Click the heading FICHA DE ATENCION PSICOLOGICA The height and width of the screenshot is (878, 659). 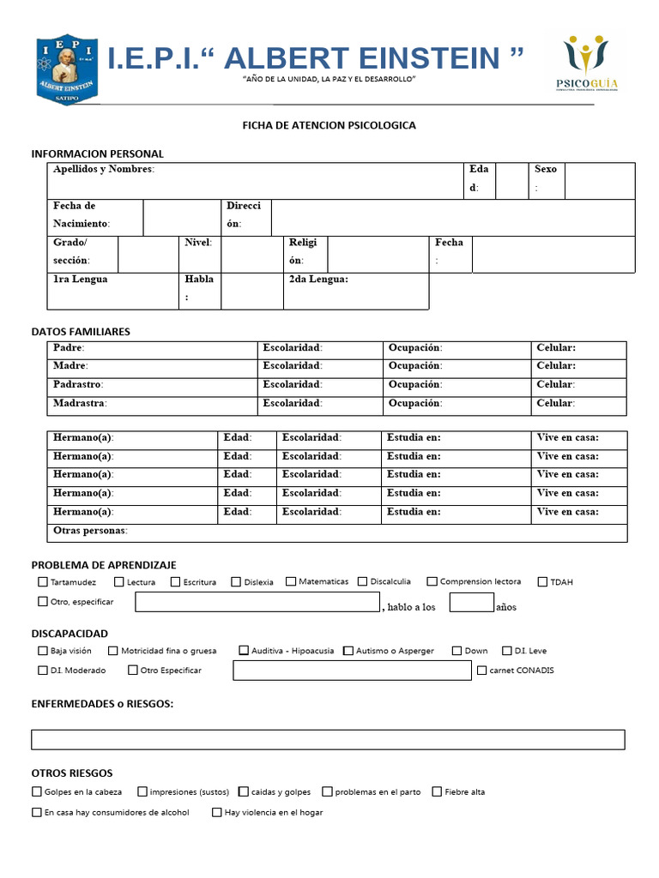(x=329, y=125)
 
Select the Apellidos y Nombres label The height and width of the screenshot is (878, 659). (x=103, y=169)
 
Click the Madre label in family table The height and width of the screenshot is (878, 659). (x=70, y=366)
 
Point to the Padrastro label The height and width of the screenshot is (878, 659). (x=78, y=385)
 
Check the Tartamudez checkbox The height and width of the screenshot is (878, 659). (x=43, y=581)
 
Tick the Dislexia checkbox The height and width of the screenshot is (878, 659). (x=236, y=581)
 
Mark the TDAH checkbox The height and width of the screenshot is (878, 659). (x=542, y=581)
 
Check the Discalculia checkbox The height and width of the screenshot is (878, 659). (x=363, y=581)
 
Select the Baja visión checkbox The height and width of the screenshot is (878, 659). (x=43, y=651)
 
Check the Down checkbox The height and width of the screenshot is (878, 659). (x=456, y=651)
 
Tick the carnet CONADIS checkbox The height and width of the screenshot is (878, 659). (x=481, y=671)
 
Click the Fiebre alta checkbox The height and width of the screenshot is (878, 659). (x=437, y=792)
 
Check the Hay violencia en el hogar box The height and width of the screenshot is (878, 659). (x=216, y=812)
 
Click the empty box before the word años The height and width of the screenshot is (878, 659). (x=471, y=602)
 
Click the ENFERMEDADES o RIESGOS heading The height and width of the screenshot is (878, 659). (x=102, y=704)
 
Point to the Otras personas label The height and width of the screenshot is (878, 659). (x=90, y=531)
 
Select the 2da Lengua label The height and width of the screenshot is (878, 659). (x=318, y=280)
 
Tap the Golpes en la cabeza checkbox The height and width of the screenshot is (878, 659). (x=36, y=792)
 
